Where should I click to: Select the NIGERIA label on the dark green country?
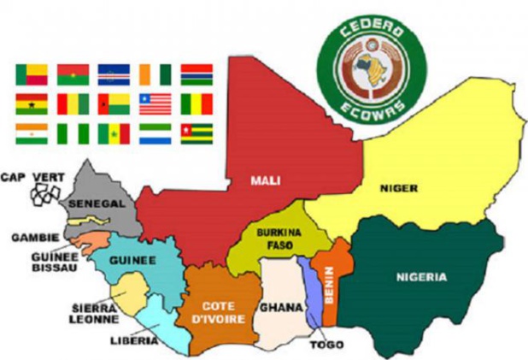(x=421, y=277)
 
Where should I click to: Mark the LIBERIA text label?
(x=134, y=340)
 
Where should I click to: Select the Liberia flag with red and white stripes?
(x=155, y=104)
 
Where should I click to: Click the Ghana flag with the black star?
(x=31, y=104)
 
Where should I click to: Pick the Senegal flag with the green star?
(x=113, y=133)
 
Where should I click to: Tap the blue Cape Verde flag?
(x=113, y=75)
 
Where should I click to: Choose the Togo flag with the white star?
(x=196, y=133)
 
